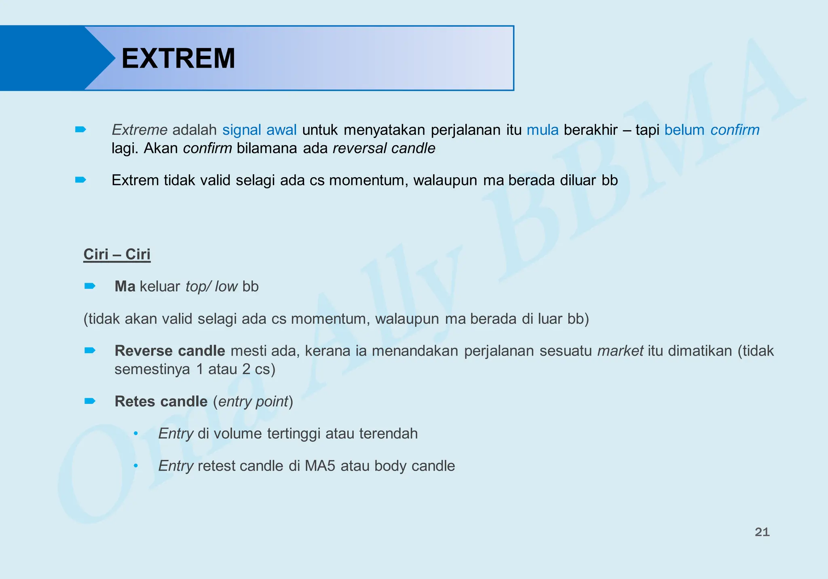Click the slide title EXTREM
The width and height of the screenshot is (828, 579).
178,59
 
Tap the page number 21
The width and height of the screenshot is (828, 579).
762,532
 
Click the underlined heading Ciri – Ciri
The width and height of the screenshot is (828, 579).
117,255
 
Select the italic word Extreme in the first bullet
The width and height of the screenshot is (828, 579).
139,130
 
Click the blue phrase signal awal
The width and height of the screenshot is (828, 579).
260,130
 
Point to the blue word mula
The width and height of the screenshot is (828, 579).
543,130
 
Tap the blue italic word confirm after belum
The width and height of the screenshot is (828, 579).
735,130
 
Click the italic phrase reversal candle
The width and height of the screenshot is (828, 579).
384,148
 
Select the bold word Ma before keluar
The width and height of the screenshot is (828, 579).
125,286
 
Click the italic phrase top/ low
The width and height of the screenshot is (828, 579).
211,286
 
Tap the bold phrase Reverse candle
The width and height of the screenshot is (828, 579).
170,351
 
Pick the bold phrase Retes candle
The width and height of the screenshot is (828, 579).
161,401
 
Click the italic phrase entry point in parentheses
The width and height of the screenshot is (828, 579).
253,401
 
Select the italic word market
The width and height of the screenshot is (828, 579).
620,351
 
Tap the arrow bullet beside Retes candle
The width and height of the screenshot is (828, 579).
90,401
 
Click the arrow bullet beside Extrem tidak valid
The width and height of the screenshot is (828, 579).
80,180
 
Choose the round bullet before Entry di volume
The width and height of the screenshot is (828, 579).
136,434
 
